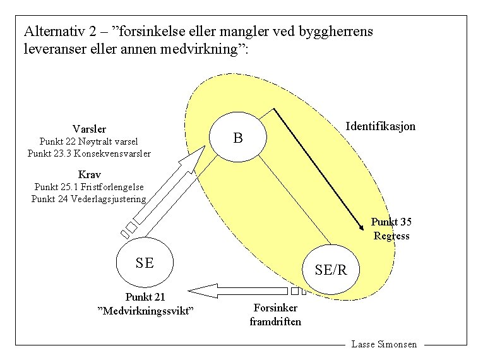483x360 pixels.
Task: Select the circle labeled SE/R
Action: pos(331,270)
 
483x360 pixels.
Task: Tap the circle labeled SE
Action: pos(145,263)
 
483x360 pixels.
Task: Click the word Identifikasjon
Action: pos(380,126)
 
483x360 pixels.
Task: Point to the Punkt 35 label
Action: pos(391,222)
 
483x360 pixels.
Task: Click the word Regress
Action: pos(391,236)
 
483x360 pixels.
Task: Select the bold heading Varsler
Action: pos(89,129)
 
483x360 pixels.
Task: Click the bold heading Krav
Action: pos(89,174)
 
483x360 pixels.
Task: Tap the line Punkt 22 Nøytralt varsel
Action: pos(88,141)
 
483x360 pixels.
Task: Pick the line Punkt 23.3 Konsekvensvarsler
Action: pos(89,153)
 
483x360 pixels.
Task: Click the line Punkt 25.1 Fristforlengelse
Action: pos(89,187)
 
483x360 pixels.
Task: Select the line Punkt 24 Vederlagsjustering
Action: pos(89,199)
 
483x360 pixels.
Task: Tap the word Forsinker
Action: pos(275,308)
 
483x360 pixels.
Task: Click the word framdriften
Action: pos(275,321)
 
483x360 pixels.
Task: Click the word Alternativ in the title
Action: pos(51,30)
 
